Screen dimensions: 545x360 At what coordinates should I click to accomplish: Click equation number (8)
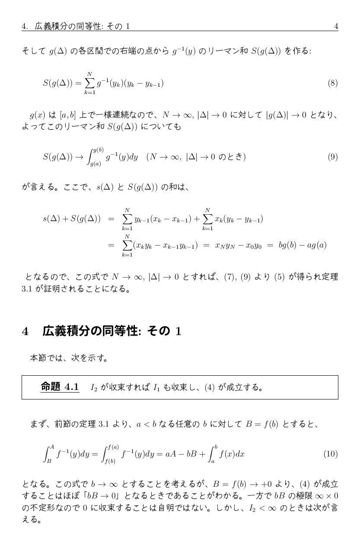point(332,83)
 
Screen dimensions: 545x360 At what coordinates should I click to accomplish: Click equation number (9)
point(332,157)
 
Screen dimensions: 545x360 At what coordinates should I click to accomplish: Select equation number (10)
point(331,454)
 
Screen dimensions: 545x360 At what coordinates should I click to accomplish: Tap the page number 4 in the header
point(336,26)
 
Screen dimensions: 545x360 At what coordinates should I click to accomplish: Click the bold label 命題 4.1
point(60,387)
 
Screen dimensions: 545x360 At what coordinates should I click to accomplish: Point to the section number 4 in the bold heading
point(25,331)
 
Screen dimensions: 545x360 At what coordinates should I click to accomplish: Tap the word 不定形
point(39,506)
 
